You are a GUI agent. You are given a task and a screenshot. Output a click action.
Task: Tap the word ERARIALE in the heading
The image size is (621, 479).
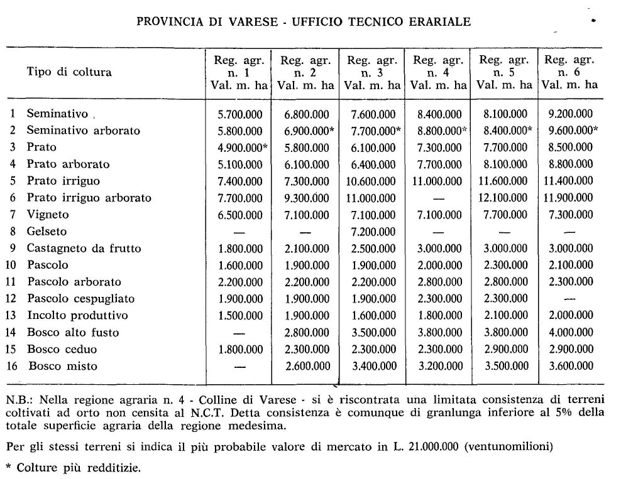pyautogui.click(x=440, y=22)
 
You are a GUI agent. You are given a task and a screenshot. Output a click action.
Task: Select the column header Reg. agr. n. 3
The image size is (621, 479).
pyautogui.click(x=371, y=72)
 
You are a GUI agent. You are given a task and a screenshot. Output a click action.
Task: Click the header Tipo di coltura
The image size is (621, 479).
pyautogui.click(x=69, y=72)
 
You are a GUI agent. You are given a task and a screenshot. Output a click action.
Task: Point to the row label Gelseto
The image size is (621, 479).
pyautogui.click(x=47, y=231)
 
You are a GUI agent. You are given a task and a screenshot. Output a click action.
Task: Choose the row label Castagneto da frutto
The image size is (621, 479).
pyautogui.click(x=84, y=248)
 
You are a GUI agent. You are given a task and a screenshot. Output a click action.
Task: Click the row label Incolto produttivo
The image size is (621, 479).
pyautogui.click(x=77, y=315)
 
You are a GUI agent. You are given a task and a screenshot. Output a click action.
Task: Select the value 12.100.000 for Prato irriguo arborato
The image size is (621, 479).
pyautogui.click(x=506, y=198)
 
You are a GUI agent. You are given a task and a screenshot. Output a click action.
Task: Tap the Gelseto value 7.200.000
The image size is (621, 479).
pyautogui.click(x=371, y=231)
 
